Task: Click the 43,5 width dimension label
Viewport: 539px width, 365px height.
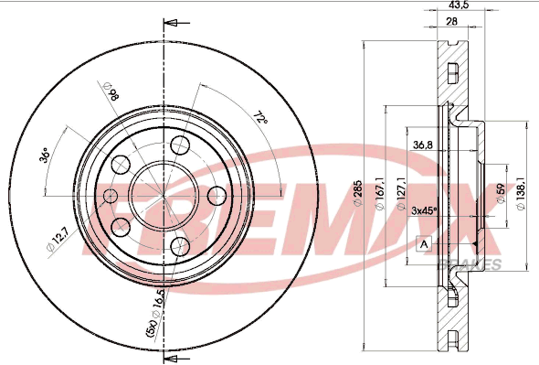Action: tap(459, 5)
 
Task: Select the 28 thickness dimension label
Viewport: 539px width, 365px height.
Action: tap(451, 21)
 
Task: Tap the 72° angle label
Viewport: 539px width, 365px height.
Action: tap(260, 118)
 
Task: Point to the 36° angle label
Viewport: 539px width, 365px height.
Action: tap(45, 155)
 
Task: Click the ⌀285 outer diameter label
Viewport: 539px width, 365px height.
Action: tap(358, 193)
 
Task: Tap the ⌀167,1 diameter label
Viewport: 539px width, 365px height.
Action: tap(380, 193)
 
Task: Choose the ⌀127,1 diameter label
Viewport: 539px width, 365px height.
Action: tap(400, 193)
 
